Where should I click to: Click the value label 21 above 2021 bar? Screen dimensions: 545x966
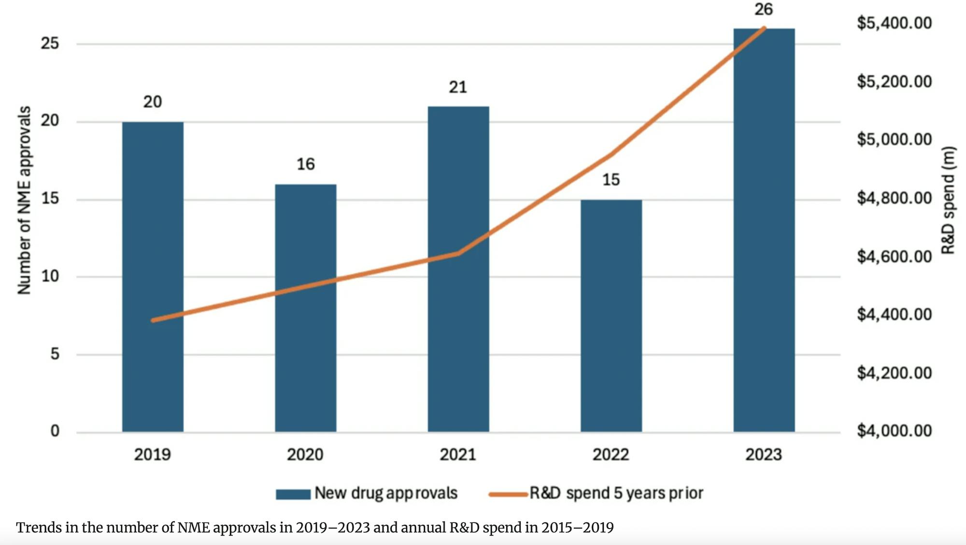click(458, 87)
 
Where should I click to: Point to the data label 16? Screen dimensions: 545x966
click(305, 164)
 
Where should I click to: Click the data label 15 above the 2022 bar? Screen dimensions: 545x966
click(611, 180)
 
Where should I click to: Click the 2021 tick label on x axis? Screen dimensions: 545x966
click(458, 455)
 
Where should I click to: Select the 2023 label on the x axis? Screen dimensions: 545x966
click(763, 455)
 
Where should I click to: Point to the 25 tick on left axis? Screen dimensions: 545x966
click(50, 43)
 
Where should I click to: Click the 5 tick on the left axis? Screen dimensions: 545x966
click(55, 354)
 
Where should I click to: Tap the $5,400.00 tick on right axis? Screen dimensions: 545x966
click(894, 23)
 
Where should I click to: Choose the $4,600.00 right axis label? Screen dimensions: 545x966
click(894, 256)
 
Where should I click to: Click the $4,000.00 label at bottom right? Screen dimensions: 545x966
click(894, 430)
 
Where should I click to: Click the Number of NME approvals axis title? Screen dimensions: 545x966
click(24, 200)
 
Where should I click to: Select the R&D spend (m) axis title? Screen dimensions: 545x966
click(949, 200)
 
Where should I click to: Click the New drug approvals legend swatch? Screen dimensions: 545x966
click(293, 494)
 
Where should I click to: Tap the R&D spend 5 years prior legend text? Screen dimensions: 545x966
click(616, 493)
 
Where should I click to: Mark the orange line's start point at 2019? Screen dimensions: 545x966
click(153, 320)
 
